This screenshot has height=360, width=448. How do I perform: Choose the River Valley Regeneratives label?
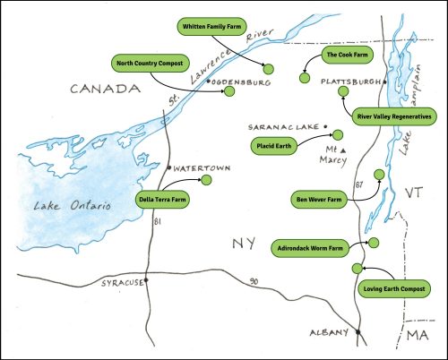point(394,116)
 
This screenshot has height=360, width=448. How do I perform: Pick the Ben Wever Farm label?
point(320,199)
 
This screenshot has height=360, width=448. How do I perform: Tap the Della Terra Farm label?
point(162,200)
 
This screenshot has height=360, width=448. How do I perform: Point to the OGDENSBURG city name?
point(242,81)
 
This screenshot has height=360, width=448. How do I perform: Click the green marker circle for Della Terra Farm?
point(206,181)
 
